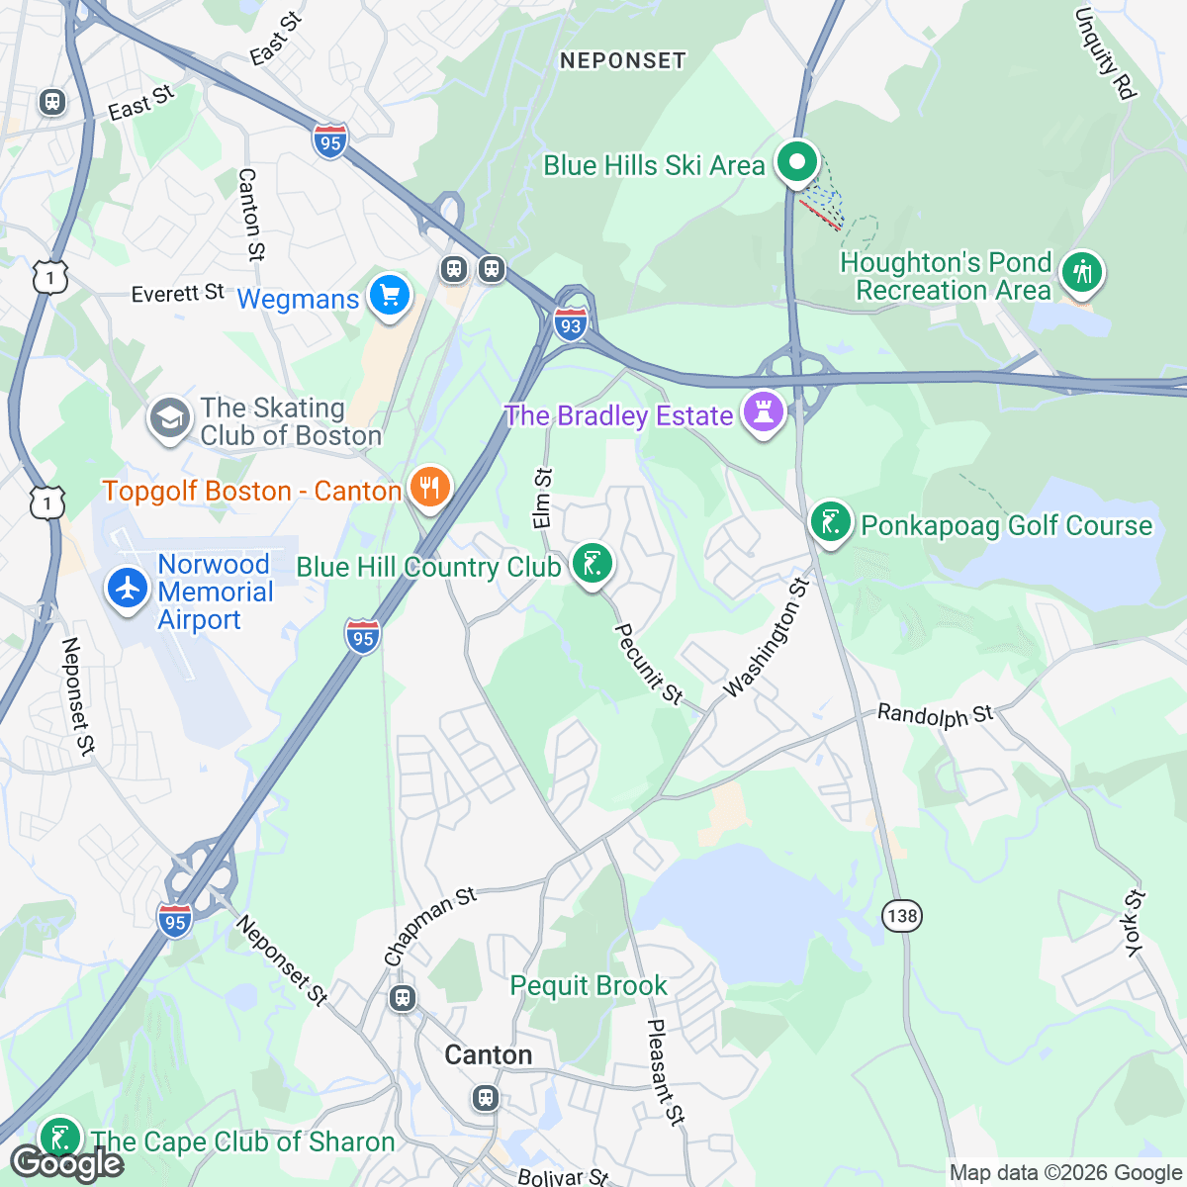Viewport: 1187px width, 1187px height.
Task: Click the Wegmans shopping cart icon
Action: click(389, 296)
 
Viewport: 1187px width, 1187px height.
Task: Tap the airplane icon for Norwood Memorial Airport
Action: click(128, 588)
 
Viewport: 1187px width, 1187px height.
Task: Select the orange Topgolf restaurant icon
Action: click(428, 488)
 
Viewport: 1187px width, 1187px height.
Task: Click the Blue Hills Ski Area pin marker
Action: click(796, 161)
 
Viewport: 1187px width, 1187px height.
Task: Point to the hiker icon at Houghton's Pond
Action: click(1082, 271)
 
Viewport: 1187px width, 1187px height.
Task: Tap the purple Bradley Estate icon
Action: click(763, 412)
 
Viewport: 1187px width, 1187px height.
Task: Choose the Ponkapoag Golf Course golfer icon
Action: click(831, 522)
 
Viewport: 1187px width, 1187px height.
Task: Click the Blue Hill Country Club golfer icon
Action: click(592, 564)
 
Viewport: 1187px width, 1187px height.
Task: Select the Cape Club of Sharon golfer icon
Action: click(59, 1138)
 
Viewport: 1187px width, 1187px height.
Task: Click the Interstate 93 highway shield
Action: click(571, 325)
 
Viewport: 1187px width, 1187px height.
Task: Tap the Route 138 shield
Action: click(902, 915)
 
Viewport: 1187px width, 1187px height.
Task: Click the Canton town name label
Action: click(489, 1054)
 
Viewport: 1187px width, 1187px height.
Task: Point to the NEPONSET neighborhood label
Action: click(622, 60)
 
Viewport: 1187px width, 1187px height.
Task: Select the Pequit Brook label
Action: click(589, 985)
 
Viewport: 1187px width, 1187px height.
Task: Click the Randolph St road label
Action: click(935, 714)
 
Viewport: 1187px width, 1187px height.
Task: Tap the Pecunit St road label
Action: click(649, 664)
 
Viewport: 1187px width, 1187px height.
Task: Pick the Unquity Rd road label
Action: click(1105, 53)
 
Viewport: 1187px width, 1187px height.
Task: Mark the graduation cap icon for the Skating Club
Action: click(170, 419)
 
